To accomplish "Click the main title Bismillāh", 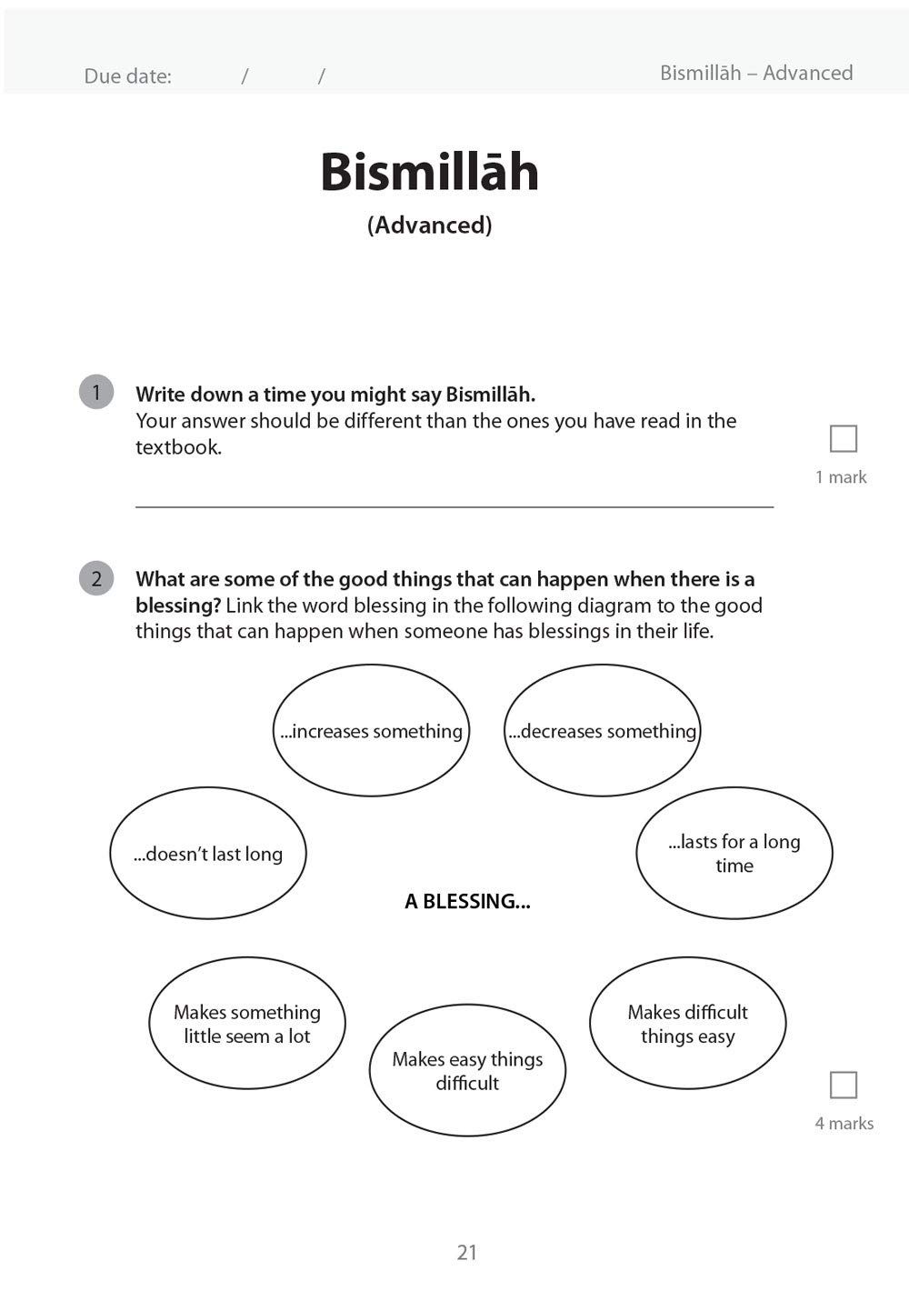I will (x=429, y=172).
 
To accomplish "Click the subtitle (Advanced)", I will (x=429, y=225).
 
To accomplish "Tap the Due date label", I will (x=127, y=76).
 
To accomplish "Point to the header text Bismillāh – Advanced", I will (x=756, y=73).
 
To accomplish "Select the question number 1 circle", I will (x=96, y=392).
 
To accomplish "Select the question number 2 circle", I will (x=96, y=578).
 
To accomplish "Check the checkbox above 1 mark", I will (x=844, y=439).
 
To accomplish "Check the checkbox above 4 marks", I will (x=844, y=1085).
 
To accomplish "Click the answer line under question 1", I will (x=454, y=505).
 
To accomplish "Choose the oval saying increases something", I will (x=371, y=731).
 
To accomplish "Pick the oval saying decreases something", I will (x=602, y=731).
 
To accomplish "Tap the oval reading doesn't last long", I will (x=208, y=853).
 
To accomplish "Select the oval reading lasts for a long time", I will (x=734, y=853).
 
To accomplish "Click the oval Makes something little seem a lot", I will (x=247, y=1023).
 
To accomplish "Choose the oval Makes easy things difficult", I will (x=467, y=1070).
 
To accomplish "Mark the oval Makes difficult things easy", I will (x=687, y=1023).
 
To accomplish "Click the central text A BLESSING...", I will (x=467, y=901).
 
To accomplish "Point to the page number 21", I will (x=467, y=1252).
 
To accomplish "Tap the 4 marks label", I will (x=844, y=1124).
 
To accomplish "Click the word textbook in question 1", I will (x=178, y=447).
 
